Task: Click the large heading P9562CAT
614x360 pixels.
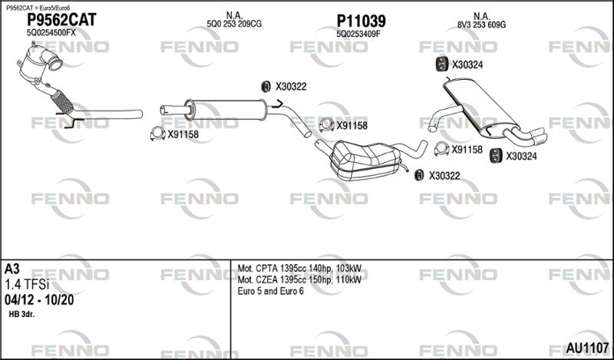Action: [61, 20]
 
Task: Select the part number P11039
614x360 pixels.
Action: [361, 20]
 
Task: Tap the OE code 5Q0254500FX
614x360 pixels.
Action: [51, 33]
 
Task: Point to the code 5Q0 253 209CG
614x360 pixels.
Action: [234, 25]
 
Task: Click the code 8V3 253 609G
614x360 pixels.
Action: [481, 25]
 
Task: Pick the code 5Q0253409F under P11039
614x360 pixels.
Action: [358, 33]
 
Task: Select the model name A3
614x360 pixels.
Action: [13, 269]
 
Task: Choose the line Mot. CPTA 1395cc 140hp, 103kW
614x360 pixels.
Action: [299, 268]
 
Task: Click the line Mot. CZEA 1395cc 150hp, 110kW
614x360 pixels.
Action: [299, 279]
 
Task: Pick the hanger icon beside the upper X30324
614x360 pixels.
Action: [441, 64]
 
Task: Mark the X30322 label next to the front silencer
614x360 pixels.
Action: [290, 86]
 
